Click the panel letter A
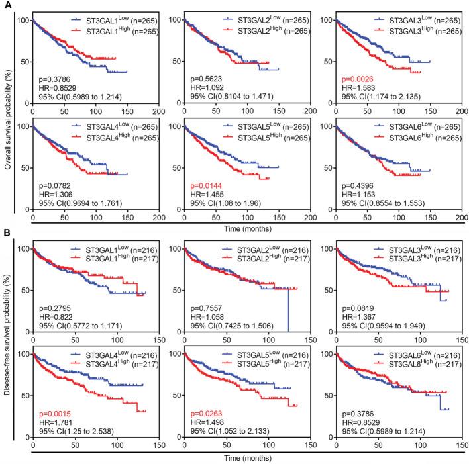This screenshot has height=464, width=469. point(7,6)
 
